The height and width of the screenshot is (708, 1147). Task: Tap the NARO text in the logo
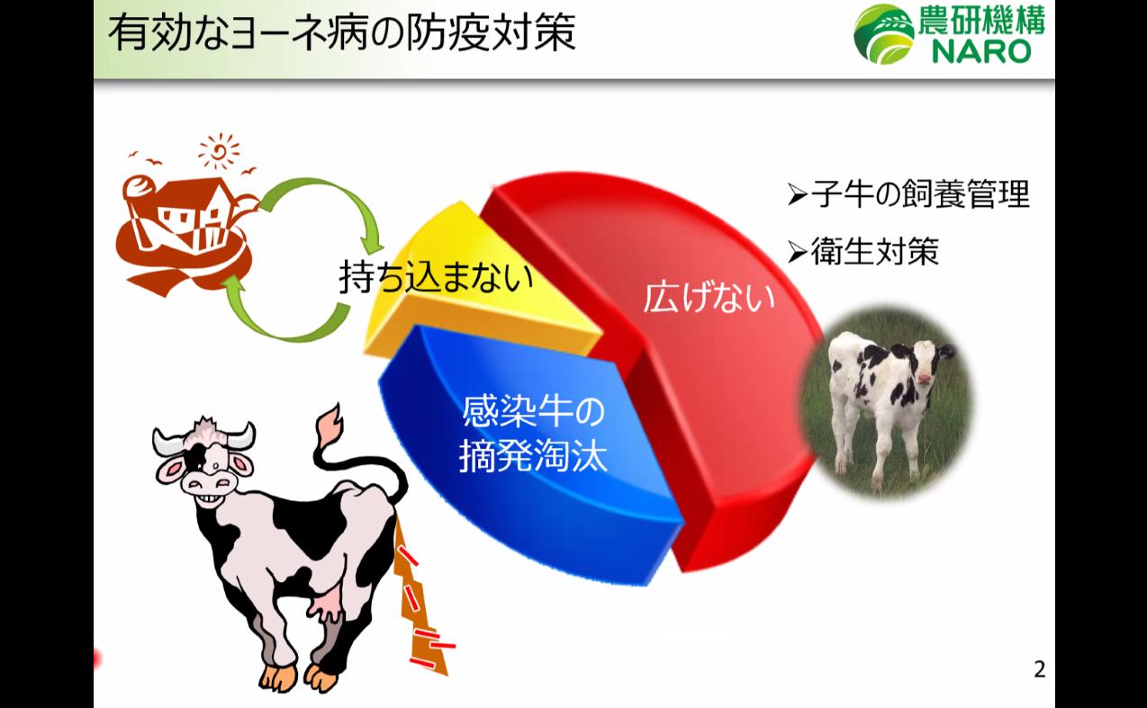tap(980, 51)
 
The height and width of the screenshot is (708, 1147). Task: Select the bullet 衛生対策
tap(864, 253)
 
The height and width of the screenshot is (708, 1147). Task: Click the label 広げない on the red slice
tap(709, 298)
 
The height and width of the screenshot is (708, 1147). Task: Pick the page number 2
tap(1040, 669)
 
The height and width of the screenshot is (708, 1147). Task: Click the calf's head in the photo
tap(927, 364)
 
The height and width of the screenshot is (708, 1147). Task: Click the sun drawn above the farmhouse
tap(218, 151)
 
